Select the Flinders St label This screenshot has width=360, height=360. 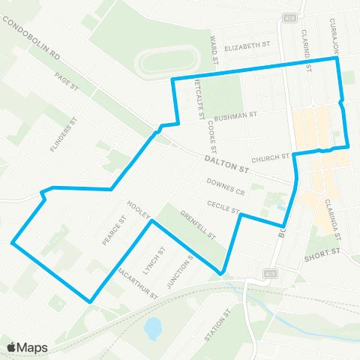tap(64, 135)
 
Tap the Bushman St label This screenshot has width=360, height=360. tap(235, 118)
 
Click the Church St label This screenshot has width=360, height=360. tap(270, 158)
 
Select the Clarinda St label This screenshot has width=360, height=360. tap(334, 217)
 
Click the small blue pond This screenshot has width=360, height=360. tap(153, 327)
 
